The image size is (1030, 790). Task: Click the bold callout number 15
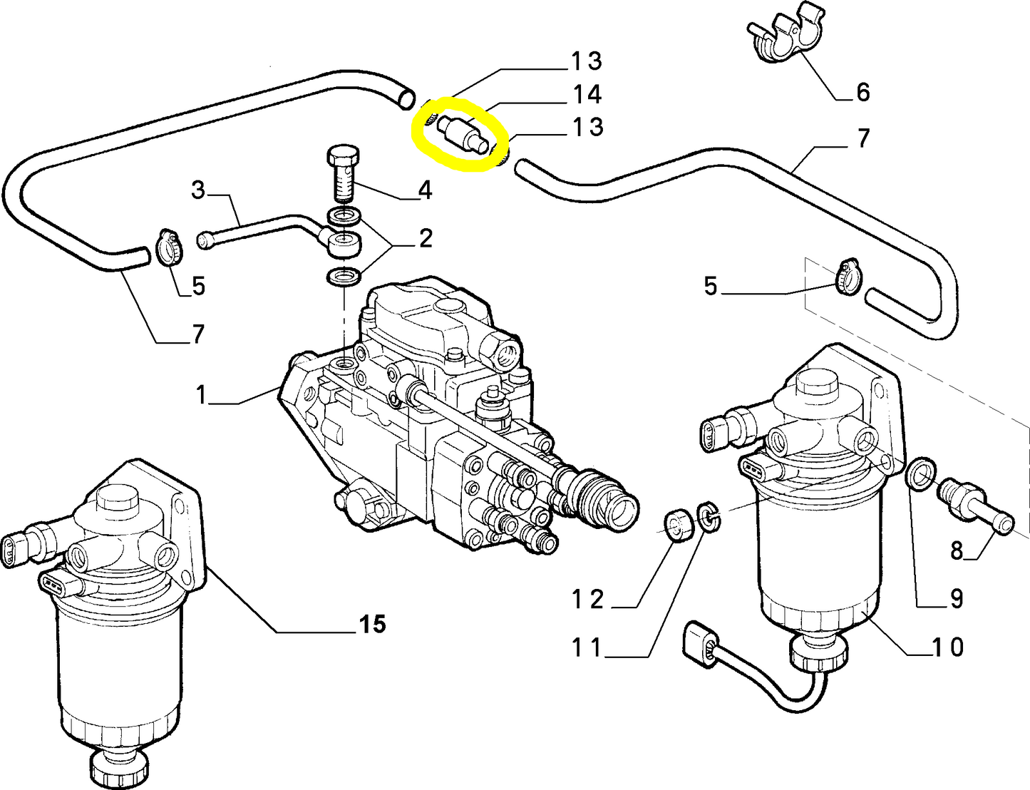click(x=372, y=624)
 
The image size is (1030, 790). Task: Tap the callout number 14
click(x=587, y=94)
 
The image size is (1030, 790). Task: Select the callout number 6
click(x=862, y=92)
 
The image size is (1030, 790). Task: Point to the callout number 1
click(x=201, y=394)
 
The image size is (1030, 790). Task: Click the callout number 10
click(x=948, y=647)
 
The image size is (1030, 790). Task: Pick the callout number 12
click(x=587, y=600)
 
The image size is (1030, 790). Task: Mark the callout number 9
click(x=956, y=598)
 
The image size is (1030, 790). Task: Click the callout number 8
click(x=956, y=550)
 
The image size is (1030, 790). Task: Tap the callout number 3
click(x=198, y=190)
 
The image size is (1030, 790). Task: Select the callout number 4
click(x=425, y=190)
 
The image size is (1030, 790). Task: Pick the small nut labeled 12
click(x=679, y=525)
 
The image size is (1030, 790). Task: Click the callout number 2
click(x=426, y=238)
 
